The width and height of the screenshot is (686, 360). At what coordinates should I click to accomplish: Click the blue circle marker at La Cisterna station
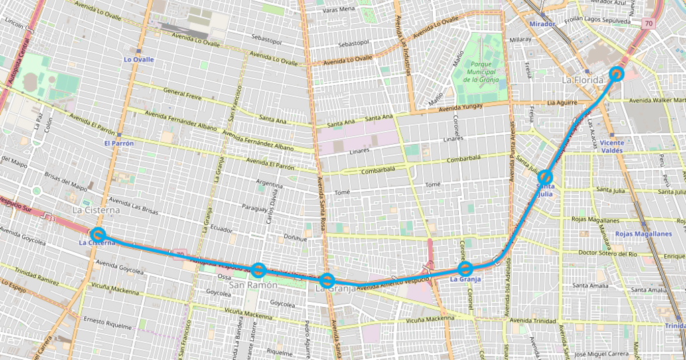coord(98,235)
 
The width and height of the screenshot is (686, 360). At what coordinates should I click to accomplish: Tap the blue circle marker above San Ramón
coord(259,270)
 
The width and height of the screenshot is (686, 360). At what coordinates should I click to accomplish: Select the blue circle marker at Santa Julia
coord(545,178)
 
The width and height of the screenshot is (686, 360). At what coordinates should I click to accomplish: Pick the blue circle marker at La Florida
coord(617,73)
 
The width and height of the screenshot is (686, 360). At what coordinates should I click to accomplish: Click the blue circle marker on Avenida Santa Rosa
coord(326,280)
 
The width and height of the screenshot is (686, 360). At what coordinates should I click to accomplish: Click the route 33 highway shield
coord(52,218)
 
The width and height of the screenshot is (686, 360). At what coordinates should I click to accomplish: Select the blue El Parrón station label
coord(119,143)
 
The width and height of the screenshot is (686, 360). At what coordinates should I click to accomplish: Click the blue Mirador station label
coord(542,24)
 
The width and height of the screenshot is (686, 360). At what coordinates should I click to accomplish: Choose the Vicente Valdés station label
coord(612,147)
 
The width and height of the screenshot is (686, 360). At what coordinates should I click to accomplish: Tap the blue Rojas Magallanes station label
coord(643,234)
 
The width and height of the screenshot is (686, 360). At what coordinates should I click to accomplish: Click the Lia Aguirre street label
coord(561,103)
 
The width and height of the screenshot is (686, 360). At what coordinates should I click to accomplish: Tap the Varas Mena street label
coord(338,9)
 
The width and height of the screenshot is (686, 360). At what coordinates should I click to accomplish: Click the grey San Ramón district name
coord(253,285)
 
